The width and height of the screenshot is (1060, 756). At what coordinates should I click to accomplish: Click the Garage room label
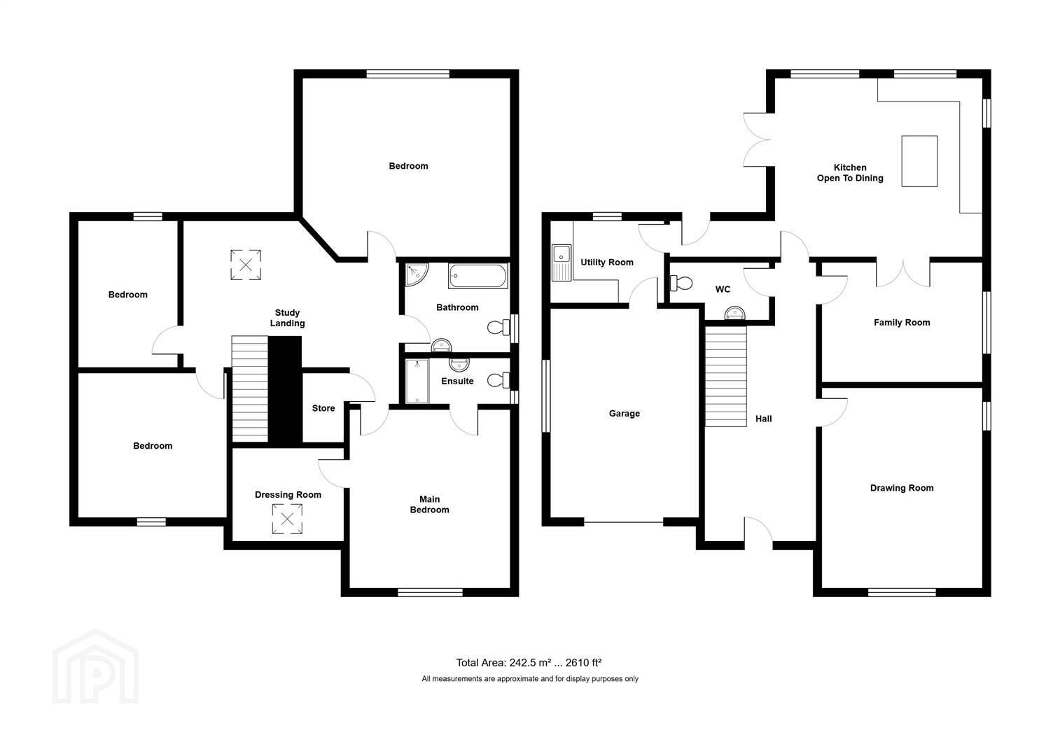pyautogui.click(x=625, y=414)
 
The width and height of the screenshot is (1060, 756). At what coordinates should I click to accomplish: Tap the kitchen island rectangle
pyautogui.click(x=919, y=161)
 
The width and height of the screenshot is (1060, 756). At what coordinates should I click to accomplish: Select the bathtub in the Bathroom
pyautogui.click(x=478, y=276)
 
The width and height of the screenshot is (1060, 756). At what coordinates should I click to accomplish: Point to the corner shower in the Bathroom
pyautogui.click(x=417, y=274)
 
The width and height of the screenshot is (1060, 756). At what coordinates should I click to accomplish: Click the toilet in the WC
pyautogui.click(x=681, y=283)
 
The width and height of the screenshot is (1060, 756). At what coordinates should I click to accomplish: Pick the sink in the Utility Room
pyautogui.click(x=562, y=262)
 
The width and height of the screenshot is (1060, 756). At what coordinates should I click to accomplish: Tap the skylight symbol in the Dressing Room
pyautogui.click(x=287, y=519)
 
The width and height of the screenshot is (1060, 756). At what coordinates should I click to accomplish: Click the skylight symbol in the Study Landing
pyautogui.click(x=246, y=265)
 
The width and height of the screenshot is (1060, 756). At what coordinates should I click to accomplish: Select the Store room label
pyautogui.click(x=323, y=408)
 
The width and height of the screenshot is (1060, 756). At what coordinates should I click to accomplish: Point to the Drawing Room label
pyautogui.click(x=902, y=488)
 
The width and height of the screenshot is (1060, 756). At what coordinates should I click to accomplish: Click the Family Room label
pyautogui.click(x=902, y=323)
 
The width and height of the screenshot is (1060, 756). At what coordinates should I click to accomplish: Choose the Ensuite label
pyautogui.click(x=457, y=381)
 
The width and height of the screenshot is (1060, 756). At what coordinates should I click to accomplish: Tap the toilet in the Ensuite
pyautogui.click(x=498, y=380)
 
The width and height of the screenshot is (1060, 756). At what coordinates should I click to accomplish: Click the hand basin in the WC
pyautogui.click(x=734, y=313)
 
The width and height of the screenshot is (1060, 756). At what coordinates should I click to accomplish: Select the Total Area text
pyautogui.click(x=529, y=662)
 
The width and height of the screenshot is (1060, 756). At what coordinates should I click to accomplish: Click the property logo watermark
pyautogui.click(x=96, y=666)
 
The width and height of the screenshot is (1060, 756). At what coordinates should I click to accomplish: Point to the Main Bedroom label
pyautogui.click(x=429, y=504)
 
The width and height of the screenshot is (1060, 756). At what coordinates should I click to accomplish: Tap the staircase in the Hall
pyautogui.click(x=726, y=376)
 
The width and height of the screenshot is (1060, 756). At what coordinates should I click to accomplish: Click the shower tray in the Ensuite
pyautogui.click(x=417, y=381)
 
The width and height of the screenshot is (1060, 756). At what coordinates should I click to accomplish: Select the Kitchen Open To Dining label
pyautogui.click(x=850, y=173)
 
